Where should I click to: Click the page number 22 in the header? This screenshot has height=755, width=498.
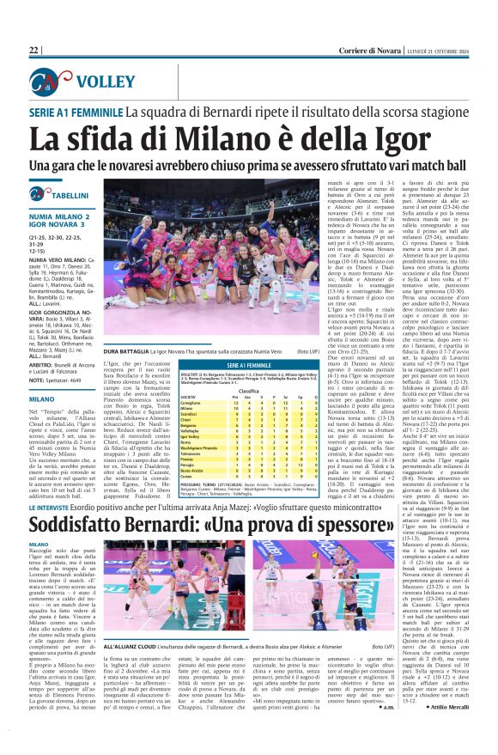33,51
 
